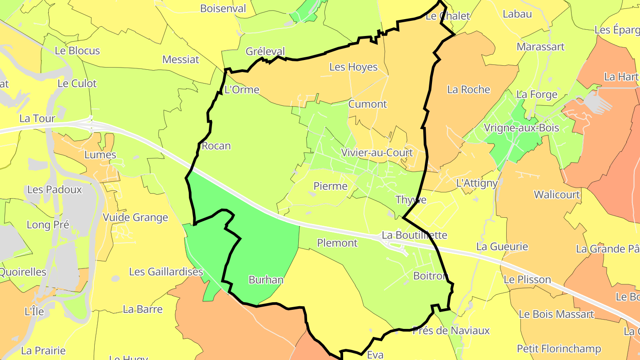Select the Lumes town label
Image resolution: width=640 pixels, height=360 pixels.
[100, 155]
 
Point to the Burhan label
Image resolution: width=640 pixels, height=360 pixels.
[266, 280]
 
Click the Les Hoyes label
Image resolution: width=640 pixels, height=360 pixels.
[353, 67]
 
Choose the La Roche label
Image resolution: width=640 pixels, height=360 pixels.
[468, 90]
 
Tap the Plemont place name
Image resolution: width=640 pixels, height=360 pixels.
[337, 243]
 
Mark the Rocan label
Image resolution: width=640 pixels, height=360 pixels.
[216, 146]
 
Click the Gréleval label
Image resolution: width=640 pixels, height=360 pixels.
[265, 52]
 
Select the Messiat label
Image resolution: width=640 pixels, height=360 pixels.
[181, 60]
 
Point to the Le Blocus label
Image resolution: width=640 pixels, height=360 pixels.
[77, 51]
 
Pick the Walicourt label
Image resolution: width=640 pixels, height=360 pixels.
[557, 195]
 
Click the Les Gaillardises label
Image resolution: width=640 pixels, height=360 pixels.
[166, 272]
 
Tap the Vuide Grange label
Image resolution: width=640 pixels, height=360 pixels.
[136, 218]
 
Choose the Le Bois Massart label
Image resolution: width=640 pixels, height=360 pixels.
[556, 314]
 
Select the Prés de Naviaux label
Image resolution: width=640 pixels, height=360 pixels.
[451, 331]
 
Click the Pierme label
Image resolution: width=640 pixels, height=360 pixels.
[330, 186]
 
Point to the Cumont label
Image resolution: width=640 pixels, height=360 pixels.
[368, 104]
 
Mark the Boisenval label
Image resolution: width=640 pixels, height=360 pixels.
[223, 8]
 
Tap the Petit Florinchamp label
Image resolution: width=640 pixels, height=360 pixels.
[559, 348]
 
